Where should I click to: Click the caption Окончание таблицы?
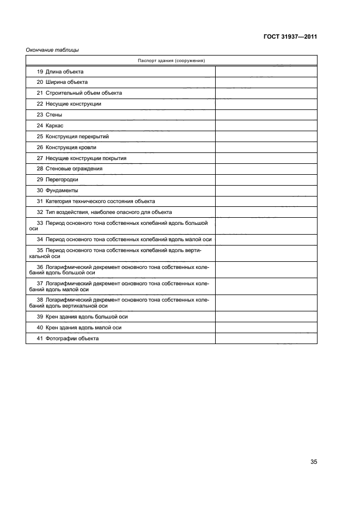tap(52, 51)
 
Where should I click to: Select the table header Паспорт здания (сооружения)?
tap(171, 60)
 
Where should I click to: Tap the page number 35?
tap(313, 462)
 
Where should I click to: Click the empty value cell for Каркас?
tap(266, 126)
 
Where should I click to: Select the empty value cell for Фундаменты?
tap(266, 191)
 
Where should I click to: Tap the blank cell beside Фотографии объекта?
tap(266, 339)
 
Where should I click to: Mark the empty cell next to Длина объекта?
tap(266, 71)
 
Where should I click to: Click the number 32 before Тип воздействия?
tap(40, 212)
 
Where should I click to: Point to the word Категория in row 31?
tap(59, 201)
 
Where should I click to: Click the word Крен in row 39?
tap(52, 317)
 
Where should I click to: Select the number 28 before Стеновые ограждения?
tap(40, 169)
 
